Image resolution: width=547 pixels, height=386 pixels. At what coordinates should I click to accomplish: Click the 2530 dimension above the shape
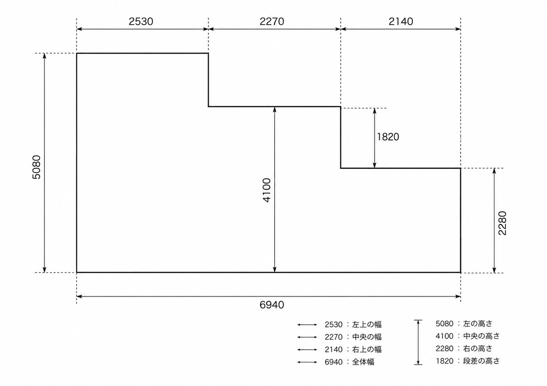[141, 22]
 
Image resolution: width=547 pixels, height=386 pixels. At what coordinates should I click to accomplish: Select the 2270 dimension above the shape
[272, 22]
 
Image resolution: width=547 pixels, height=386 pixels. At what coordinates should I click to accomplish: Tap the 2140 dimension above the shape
[401, 22]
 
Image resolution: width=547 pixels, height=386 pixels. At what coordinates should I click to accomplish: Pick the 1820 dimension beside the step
[388, 137]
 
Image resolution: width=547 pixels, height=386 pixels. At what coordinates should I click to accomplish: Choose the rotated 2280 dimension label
[502, 223]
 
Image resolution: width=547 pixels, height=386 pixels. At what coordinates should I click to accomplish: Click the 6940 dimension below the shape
[272, 305]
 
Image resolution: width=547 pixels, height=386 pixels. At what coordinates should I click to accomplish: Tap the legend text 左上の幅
[367, 324]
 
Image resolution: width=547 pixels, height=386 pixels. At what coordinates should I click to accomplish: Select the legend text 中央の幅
[367, 337]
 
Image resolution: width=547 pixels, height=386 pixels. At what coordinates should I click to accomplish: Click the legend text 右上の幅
[367, 349]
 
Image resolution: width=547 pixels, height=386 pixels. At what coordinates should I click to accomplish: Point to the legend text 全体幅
[363, 362]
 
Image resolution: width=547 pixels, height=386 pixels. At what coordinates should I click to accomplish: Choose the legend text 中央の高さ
[481, 336]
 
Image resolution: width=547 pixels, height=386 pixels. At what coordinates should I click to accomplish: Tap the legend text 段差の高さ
[481, 361]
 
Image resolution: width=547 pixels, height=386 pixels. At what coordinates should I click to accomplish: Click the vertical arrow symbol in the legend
[418, 342]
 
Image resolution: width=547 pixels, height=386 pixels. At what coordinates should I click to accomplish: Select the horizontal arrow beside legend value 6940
[307, 362]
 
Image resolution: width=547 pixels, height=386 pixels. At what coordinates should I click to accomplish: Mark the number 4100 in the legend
[444, 336]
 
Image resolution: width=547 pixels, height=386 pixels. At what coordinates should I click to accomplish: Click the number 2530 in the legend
[334, 325]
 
